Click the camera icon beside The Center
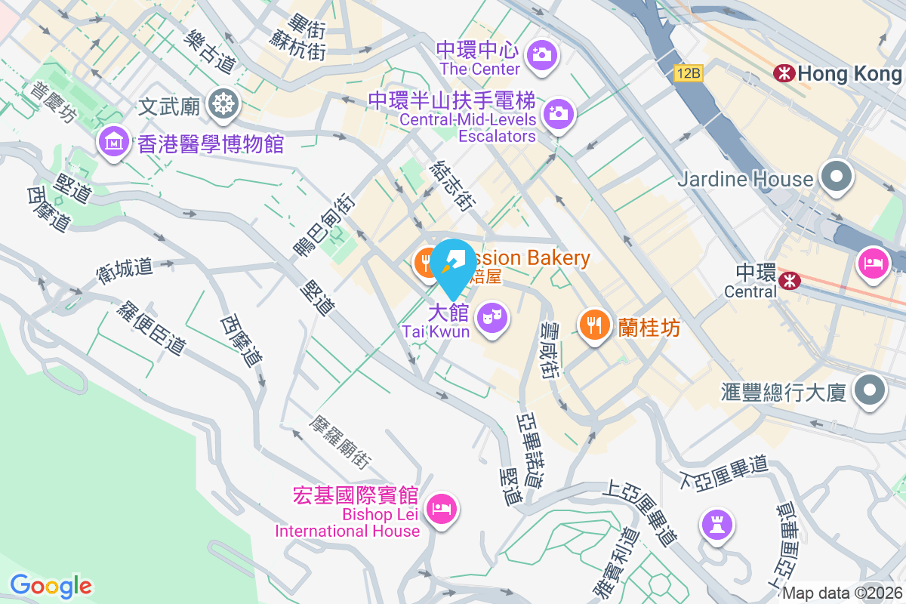click(x=541, y=54)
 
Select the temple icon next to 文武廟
click(x=223, y=103)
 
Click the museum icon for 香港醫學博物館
click(x=113, y=140)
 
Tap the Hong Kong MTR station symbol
click(x=784, y=73)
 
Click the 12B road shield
click(x=689, y=73)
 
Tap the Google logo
click(x=51, y=586)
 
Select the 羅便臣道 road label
click(x=152, y=329)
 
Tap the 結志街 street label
click(x=451, y=186)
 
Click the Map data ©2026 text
click(x=841, y=593)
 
